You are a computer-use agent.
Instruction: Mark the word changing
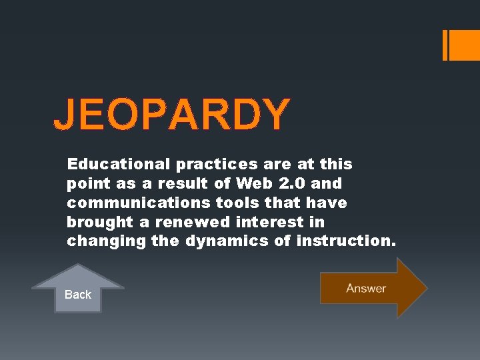tap(106, 241)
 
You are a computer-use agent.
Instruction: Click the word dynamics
tap(227, 241)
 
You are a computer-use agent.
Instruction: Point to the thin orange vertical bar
tap(445, 45)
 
